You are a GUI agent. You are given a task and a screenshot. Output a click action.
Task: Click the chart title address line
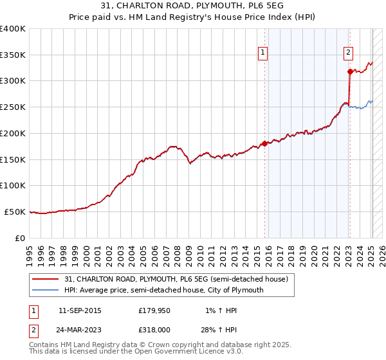(x=192, y=6)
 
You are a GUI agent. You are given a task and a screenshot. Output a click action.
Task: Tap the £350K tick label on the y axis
(x=13, y=55)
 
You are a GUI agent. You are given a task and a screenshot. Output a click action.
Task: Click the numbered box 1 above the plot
(x=264, y=53)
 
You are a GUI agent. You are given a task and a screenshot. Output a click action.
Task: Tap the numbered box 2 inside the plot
(x=348, y=53)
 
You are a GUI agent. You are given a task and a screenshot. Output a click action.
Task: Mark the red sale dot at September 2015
(x=264, y=143)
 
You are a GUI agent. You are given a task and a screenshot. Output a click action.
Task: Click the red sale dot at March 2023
(x=350, y=72)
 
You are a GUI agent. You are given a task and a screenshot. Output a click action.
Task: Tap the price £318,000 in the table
(x=157, y=330)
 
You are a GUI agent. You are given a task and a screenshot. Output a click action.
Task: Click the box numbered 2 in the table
(x=33, y=330)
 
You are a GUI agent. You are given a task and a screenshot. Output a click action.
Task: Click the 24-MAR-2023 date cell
(x=80, y=330)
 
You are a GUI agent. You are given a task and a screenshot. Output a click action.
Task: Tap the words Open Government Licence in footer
(x=188, y=352)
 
